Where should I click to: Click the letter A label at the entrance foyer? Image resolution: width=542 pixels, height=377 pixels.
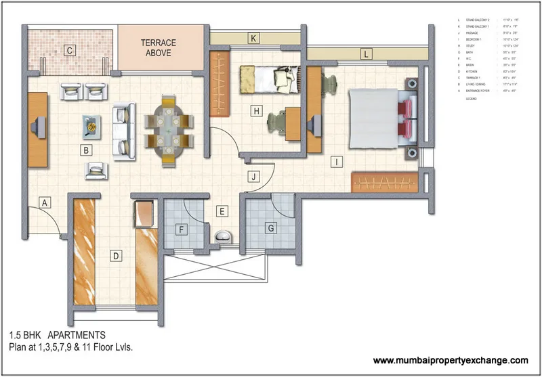tap(45, 202)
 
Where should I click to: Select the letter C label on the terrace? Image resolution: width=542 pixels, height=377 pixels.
tap(69, 49)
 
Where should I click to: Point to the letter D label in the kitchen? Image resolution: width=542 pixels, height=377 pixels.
tap(116, 256)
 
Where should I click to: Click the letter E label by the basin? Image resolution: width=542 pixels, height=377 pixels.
tap(221, 211)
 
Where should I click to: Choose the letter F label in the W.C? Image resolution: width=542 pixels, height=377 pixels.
tap(182, 229)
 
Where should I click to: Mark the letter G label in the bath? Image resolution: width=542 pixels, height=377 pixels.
tap(270, 228)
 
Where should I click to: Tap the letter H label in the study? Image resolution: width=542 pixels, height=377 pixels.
tap(255, 111)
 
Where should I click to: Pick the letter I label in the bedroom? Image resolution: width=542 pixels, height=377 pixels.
tap(335, 161)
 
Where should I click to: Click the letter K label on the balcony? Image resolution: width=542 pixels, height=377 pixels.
tap(254, 38)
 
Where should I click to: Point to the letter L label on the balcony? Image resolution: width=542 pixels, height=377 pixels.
tap(366, 53)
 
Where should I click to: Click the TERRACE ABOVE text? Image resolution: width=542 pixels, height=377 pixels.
tap(160, 47)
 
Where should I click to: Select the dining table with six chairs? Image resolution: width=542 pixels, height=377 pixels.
tap(167, 129)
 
